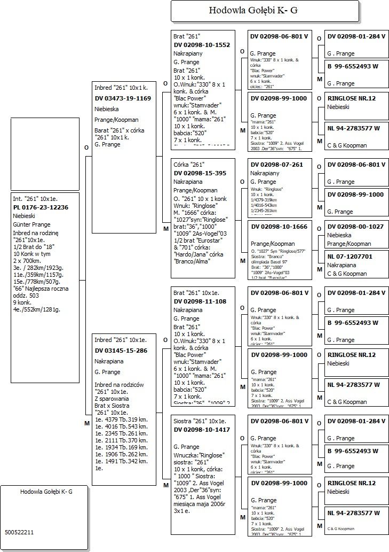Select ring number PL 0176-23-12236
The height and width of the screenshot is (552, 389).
(41, 207)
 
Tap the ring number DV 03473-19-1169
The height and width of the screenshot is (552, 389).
(123, 98)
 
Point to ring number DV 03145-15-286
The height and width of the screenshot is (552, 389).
(121, 351)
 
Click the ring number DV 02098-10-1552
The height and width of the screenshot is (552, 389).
(202, 45)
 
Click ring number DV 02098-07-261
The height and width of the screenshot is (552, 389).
(276, 165)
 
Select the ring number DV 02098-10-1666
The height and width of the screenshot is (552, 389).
(279, 227)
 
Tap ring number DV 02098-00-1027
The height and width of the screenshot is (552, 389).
(355, 227)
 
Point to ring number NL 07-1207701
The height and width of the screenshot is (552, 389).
(350, 256)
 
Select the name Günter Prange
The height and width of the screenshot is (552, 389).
(32, 225)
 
